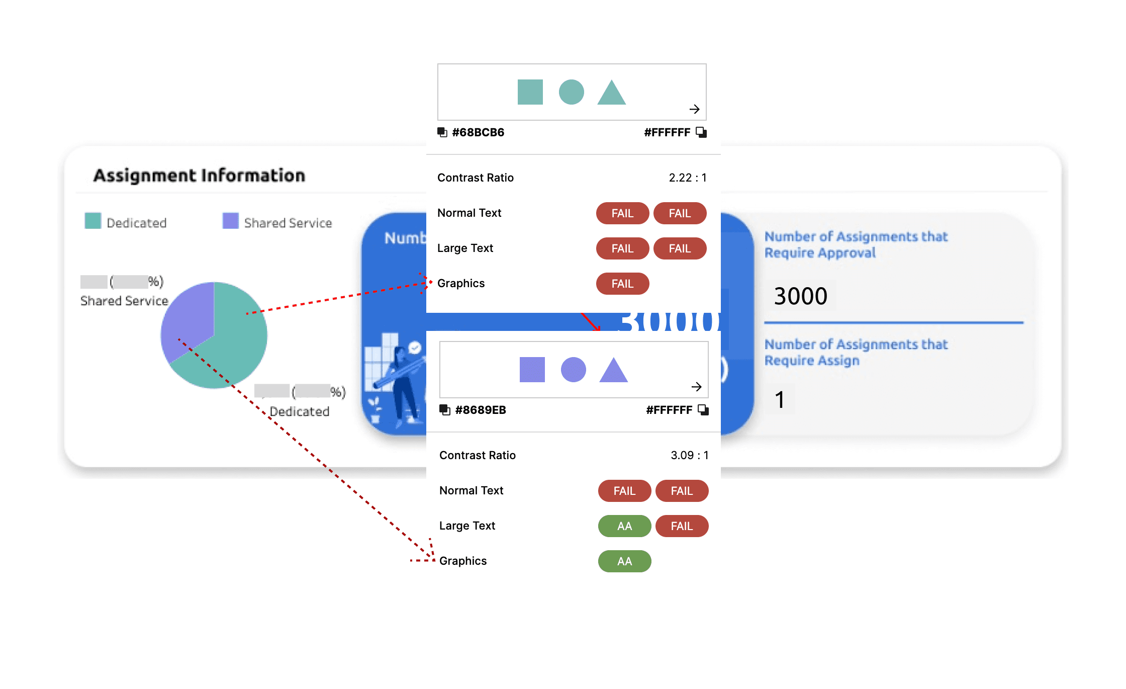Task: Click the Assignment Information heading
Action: (x=199, y=176)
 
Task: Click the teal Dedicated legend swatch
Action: (x=93, y=221)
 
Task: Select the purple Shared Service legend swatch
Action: (x=231, y=221)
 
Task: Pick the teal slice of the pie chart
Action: (x=236, y=342)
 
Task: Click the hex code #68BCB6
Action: (x=478, y=132)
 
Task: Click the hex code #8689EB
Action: (x=480, y=410)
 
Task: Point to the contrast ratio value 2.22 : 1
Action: (x=687, y=178)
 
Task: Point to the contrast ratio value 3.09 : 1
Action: (x=689, y=455)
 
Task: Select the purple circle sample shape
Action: (x=573, y=370)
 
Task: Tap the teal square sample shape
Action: (x=530, y=92)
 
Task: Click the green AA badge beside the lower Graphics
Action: (x=624, y=561)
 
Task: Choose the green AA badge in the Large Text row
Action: (x=624, y=526)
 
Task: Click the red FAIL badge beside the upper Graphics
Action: (x=622, y=284)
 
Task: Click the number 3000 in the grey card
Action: (x=800, y=296)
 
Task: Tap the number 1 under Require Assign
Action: (x=780, y=400)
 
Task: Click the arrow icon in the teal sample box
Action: (x=694, y=109)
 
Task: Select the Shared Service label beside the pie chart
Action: (x=124, y=301)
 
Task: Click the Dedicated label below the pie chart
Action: (x=300, y=411)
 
